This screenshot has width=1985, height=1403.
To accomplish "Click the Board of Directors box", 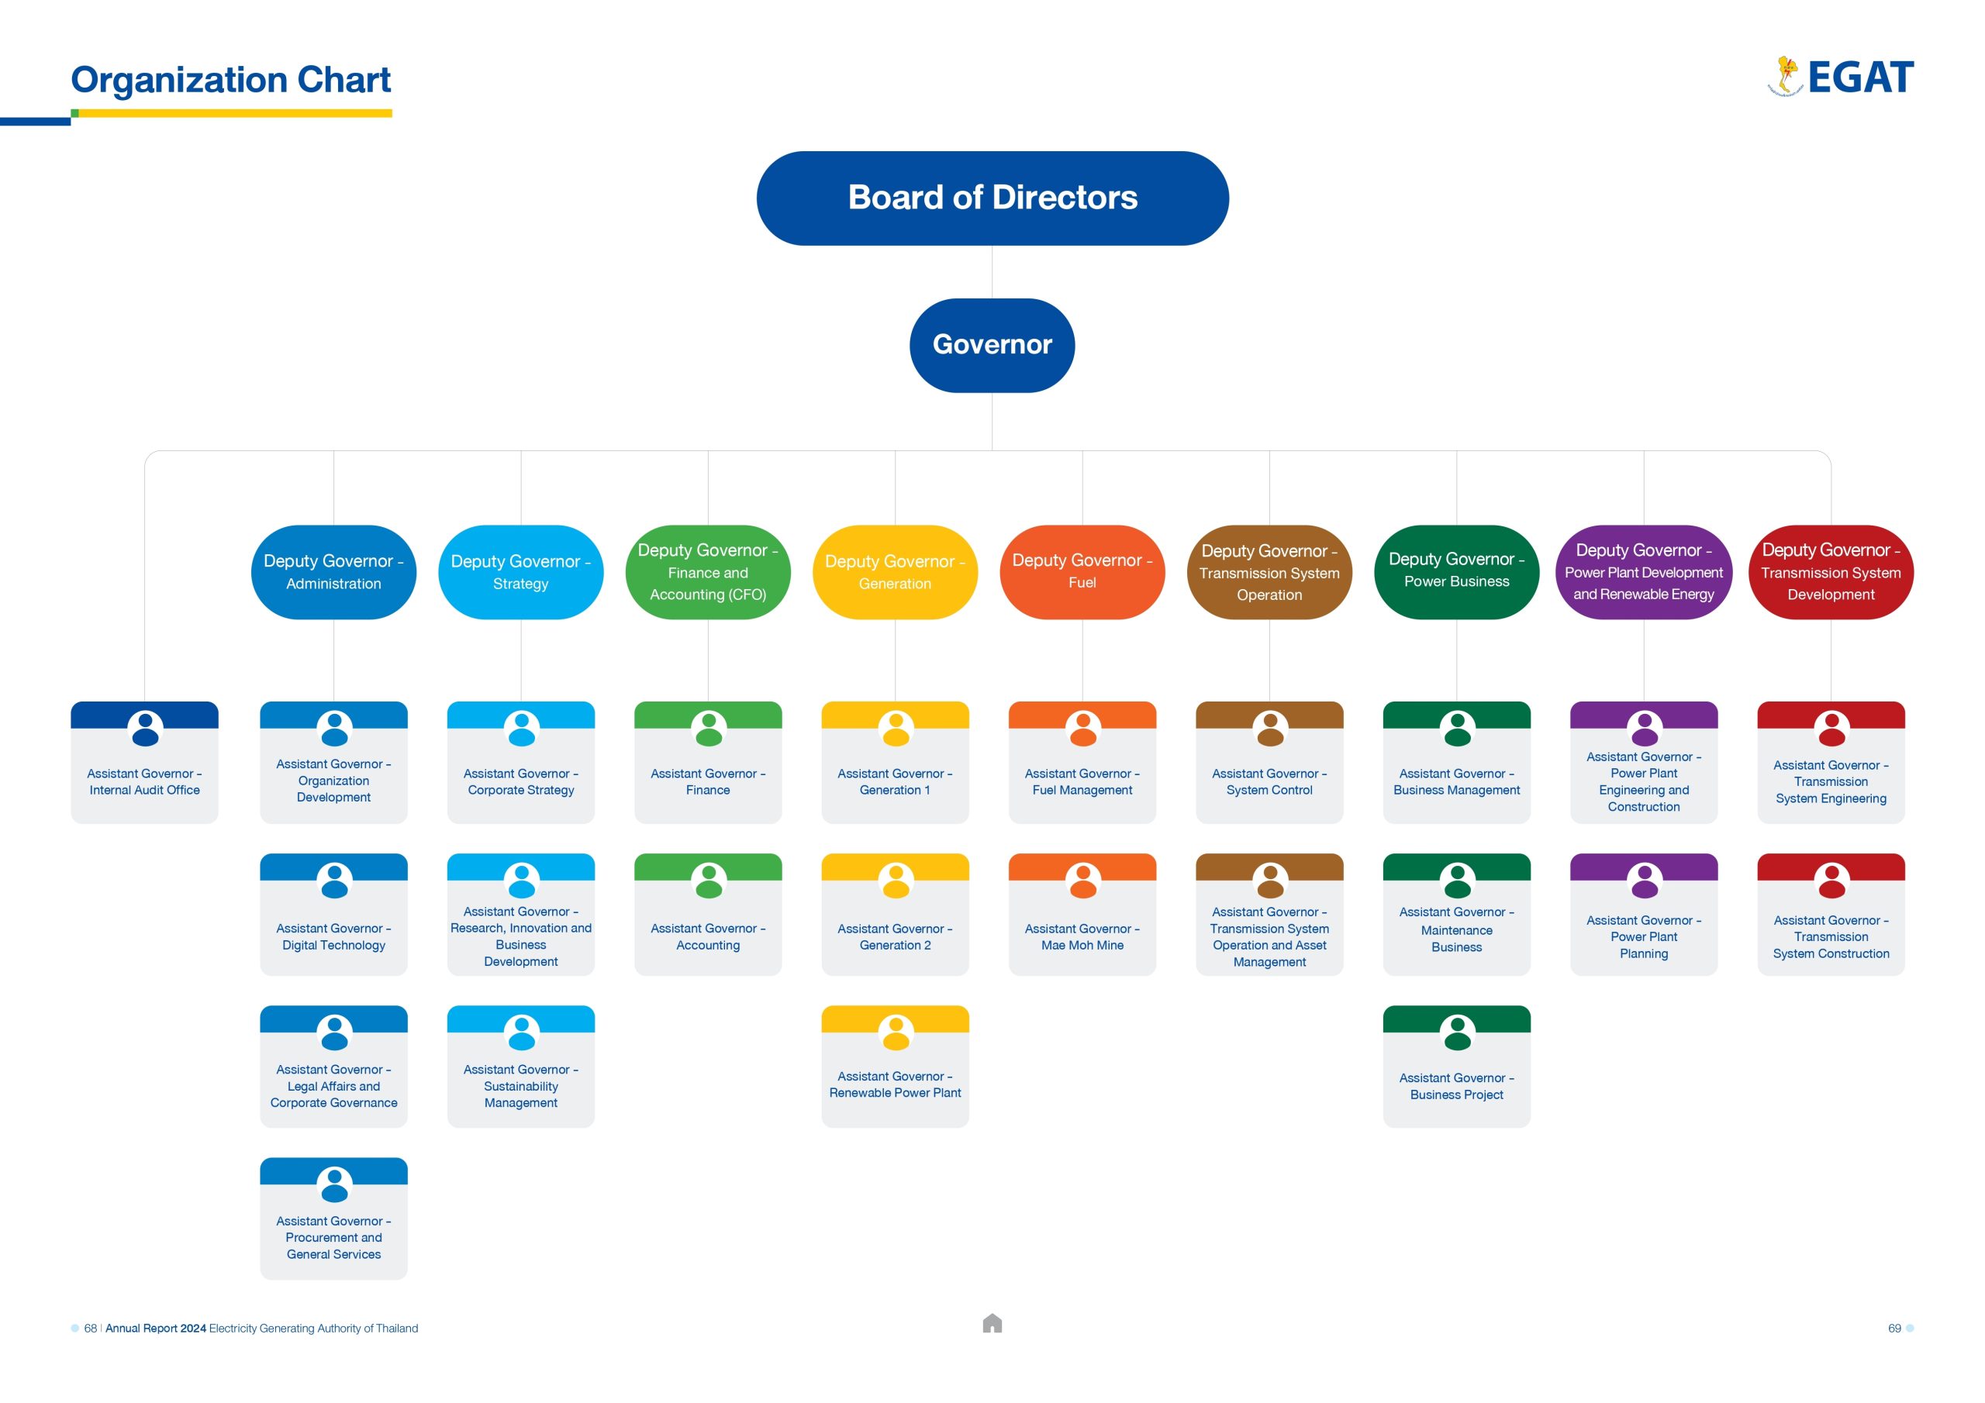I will click(x=992, y=198).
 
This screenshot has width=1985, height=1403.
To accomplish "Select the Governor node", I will click(x=992, y=345).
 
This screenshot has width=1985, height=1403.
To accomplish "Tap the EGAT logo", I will click(x=1841, y=77).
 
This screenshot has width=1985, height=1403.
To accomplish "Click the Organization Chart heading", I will click(x=230, y=80).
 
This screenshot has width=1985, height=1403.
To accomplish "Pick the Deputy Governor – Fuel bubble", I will click(x=1082, y=571).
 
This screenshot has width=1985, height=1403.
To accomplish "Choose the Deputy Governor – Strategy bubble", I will click(x=520, y=571).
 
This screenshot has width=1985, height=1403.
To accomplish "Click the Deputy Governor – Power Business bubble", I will click(x=1456, y=571).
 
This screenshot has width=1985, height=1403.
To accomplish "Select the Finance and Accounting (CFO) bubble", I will click(x=707, y=571).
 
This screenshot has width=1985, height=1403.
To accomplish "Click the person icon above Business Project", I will click(x=1457, y=1033).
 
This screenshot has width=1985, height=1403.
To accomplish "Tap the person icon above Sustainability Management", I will click(x=521, y=1033).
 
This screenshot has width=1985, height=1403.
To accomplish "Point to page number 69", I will click(x=1894, y=1328).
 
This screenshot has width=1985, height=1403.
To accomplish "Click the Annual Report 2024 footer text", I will click(x=156, y=1328).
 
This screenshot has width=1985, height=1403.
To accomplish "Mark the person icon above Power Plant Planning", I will click(x=1644, y=881).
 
